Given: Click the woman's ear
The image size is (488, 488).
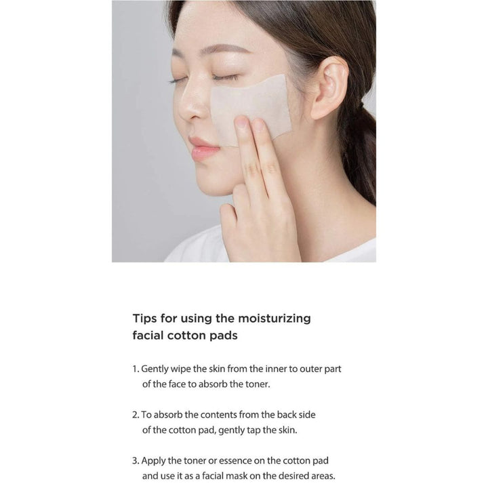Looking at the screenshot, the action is pyautogui.click(x=329, y=88).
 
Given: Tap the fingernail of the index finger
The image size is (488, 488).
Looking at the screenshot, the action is pyautogui.click(x=241, y=121).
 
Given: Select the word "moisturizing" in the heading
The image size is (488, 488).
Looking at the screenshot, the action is pyautogui.click(x=274, y=319).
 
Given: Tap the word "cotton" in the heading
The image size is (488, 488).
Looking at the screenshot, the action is pyautogui.click(x=187, y=335).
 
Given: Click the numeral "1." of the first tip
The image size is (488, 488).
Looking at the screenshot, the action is pyautogui.click(x=136, y=369).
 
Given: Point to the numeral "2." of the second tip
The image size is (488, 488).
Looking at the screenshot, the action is pyautogui.click(x=136, y=415).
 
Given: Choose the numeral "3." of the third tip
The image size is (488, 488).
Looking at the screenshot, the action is pyautogui.click(x=136, y=461).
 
